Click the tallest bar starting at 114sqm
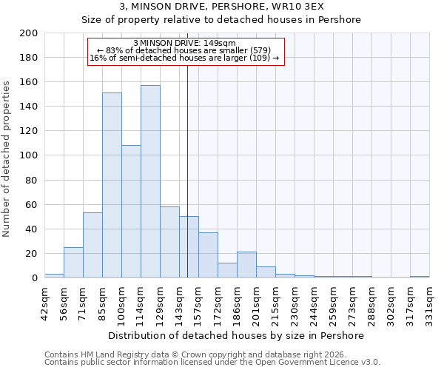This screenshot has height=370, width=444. click(x=150, y=181)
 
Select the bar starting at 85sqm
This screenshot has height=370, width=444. click(x=112, y=185)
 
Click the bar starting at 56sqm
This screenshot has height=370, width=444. click(x=73, y=263)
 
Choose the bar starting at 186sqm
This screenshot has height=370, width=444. click(x=246, y=265)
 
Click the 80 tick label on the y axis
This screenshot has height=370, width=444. click(x=32, y=180)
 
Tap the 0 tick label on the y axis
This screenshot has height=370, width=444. click(x=35, y=278)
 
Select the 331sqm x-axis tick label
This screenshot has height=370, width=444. click(x=429, y=303)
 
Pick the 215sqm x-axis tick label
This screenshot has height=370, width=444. click(x=275, y=303)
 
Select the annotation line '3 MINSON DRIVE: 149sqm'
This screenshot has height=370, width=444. click(x=184, y=43)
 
